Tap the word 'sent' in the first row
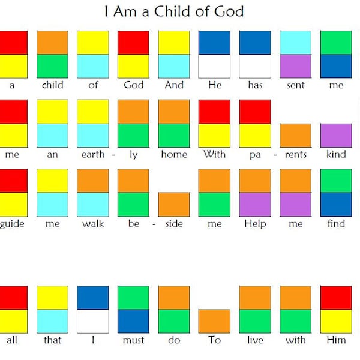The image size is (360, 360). [295, 85]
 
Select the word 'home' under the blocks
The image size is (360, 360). [174, 154]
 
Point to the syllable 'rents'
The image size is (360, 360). [295, 154]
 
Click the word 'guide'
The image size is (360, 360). [11, 224]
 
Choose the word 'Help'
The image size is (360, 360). [255, 223]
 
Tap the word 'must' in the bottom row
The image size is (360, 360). [133, 340]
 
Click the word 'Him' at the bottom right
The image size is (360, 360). [336, 340]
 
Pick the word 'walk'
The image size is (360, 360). [93, 223]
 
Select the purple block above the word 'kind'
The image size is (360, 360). [336, 135]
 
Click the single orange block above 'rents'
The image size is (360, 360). [295, 135]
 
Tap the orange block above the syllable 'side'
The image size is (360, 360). [174, 204]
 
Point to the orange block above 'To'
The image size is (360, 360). [214, 321]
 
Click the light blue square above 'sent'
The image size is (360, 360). [295, 42]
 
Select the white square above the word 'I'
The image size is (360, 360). [93, 321]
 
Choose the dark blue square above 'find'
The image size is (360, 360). [336, 204]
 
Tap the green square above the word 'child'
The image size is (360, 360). [53, 66]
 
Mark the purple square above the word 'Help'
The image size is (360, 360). [255, 204]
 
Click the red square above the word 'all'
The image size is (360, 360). [13, 298]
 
